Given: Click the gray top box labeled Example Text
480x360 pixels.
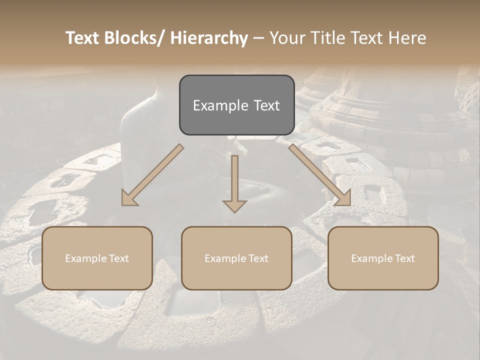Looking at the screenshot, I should point(236,105).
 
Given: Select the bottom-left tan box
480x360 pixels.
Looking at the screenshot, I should point(97,258).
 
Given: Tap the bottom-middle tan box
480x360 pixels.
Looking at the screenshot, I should point(236,258).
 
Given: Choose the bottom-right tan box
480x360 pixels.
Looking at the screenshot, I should point(383,258).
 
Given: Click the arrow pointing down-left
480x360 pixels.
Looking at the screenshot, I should point(152,175).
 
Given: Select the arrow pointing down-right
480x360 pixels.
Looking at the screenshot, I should point(320,175).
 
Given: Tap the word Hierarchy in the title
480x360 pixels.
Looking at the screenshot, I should point(209,38).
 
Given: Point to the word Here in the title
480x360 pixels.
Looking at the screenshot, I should point(408,38).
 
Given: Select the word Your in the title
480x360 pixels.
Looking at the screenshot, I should point(286,38).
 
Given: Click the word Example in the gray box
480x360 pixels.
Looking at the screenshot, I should point(220,105).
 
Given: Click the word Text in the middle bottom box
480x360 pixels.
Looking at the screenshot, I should point(258,258).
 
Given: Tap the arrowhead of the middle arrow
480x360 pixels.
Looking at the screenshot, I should point(234,205).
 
